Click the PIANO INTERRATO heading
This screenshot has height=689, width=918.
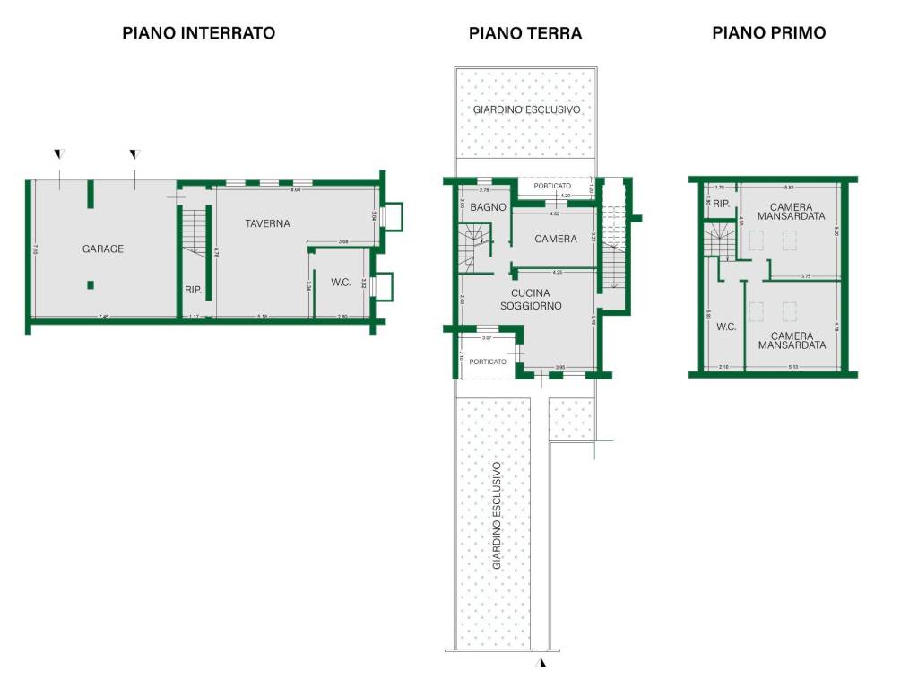(x=198, y=33)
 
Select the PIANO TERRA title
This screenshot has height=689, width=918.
(x=525, y=33)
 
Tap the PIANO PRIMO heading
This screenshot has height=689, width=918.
(x=768, y=32)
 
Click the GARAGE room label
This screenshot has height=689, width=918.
(x=103, y=249)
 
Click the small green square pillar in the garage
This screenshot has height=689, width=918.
(x=91, y=285)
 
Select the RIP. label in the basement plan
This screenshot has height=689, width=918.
(x=193, y=290)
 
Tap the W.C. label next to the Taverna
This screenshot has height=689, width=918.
(x=341, y=283)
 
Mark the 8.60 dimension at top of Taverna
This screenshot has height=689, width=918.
(x=296, y=189)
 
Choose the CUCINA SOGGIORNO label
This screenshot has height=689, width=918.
(x=536, y=299)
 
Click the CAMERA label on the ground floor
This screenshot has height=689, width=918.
(x=556, y=239)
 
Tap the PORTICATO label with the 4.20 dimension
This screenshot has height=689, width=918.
(x=552, y=186)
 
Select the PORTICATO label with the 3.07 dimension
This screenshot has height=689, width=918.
(x=487, y=362)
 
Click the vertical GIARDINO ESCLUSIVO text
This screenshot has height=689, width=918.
(x=496, y=517)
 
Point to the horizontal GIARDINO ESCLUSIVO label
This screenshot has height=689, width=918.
(x=527, y=109)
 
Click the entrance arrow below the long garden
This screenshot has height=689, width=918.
(x=541, y=663)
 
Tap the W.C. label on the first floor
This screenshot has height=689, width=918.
(x=725, y=327)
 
